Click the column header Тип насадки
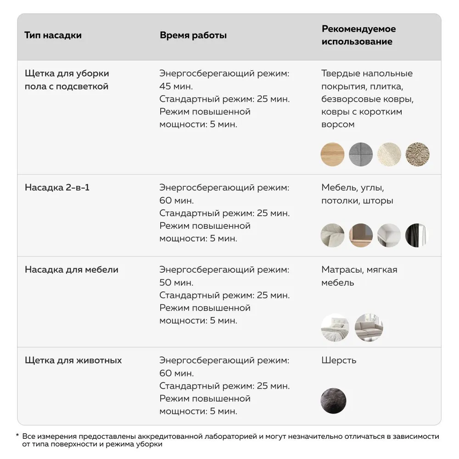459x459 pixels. [x=53, y=35]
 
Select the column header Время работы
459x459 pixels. [x=193, y=35]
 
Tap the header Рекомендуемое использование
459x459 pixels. [x=358, y=35]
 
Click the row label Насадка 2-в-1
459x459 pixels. [x=57, y=188]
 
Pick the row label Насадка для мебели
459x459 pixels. [x=71, y=269]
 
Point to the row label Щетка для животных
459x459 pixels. [x=73, y=360]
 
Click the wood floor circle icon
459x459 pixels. [x=332, y=154]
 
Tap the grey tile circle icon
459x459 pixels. [x=361, y=154]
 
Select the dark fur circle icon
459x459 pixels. [x=333, y=400]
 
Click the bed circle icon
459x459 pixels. [x=335, y=327]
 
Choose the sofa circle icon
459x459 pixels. [x=369, y=327]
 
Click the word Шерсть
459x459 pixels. [x=339, y=360]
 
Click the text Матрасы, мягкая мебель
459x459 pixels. [x=359, y=276]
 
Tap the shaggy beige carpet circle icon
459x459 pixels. [x=417, y=154]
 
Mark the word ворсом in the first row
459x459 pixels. [x=338, y=124]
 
